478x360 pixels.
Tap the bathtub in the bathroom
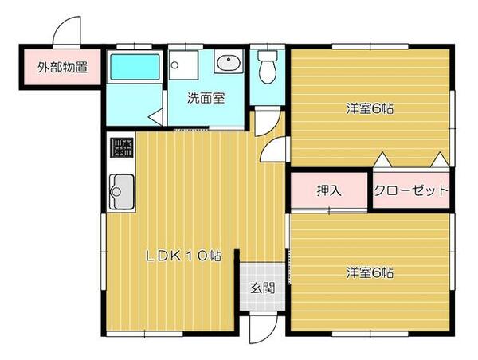135,68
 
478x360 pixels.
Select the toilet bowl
267,69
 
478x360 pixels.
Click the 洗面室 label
206,100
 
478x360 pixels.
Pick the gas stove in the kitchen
122,148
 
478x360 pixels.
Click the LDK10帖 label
182,256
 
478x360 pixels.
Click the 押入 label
328,191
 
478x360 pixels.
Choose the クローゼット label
411,191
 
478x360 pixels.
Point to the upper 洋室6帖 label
370,109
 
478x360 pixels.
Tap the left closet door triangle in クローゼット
382,159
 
